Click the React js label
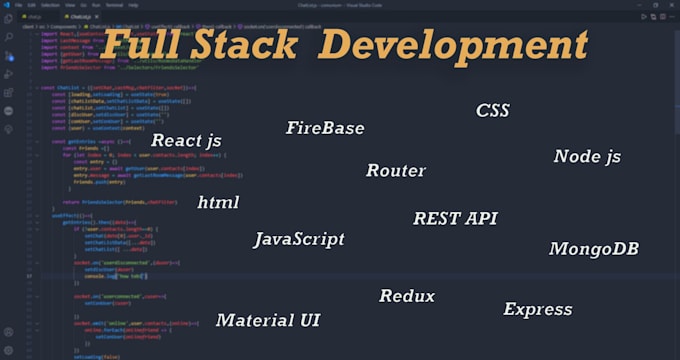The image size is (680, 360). pyautogui.click(x=186, y=140)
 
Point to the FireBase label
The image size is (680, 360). pyautogui.click(x=324, y=128)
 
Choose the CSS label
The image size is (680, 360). pyautogui.click(x=492, y=110)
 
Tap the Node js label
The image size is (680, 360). pyautogui.click(x=587, y=157)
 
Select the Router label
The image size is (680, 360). pyautogui.click(x=395, y=170)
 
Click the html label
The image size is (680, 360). pyautogui.click(x=218, y=202)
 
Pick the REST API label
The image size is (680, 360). pyautogui.click(x=455, y=218)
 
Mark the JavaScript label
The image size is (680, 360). pyautogui.click(x=305, y=239)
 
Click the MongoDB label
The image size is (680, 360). pyautogui.click(x=593, y=248)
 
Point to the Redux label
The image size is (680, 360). pyautogui.click(x=407, y=296)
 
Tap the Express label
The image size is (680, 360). pyautogui.click(x=537, y=309)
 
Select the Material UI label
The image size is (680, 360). pyautogui.click(x=268, y=320)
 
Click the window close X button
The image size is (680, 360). pyautogui.click(x=672, y=5)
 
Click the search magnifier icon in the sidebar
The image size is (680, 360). pyautogui.click(x=9, y=36)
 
